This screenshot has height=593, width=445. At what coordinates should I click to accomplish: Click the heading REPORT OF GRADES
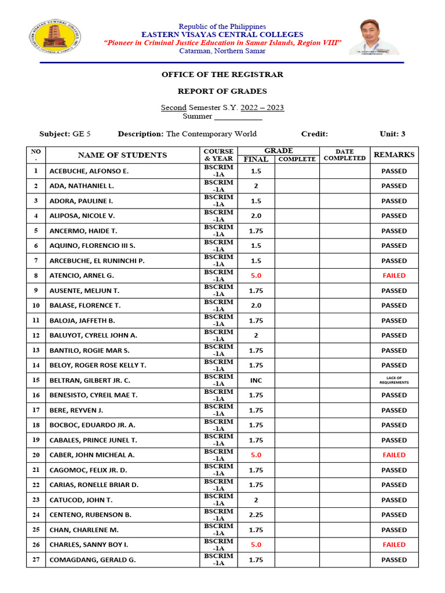(222, 91)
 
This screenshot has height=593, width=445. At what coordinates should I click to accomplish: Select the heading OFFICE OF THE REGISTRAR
(222, 75)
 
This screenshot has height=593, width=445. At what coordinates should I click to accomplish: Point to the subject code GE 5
(81, 134)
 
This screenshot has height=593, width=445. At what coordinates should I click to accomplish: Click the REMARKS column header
(394, 155)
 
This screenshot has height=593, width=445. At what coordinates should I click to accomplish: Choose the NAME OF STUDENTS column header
(122, 155)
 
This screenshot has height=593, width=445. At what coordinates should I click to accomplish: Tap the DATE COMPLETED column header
(344, 155)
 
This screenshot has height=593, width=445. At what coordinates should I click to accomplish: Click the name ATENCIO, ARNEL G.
(81, 276)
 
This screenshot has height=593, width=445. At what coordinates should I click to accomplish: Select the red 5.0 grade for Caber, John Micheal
(256, 455)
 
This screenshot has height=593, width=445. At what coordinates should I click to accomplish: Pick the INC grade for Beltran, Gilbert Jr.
(256, 380)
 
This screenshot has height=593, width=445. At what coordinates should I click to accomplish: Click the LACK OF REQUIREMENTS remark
(394, 380)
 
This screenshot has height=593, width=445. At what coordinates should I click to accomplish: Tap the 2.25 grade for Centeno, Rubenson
(256, 515)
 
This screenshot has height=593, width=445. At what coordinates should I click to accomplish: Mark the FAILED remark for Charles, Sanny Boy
(394, 544)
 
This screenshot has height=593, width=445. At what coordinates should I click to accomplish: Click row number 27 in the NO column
(36, 559)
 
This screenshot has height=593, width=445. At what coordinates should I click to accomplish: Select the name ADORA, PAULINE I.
(81, 201)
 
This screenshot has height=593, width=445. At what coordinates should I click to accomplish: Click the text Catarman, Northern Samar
(222, 51)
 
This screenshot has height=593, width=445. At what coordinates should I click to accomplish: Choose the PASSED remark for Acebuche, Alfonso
(394, 171)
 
